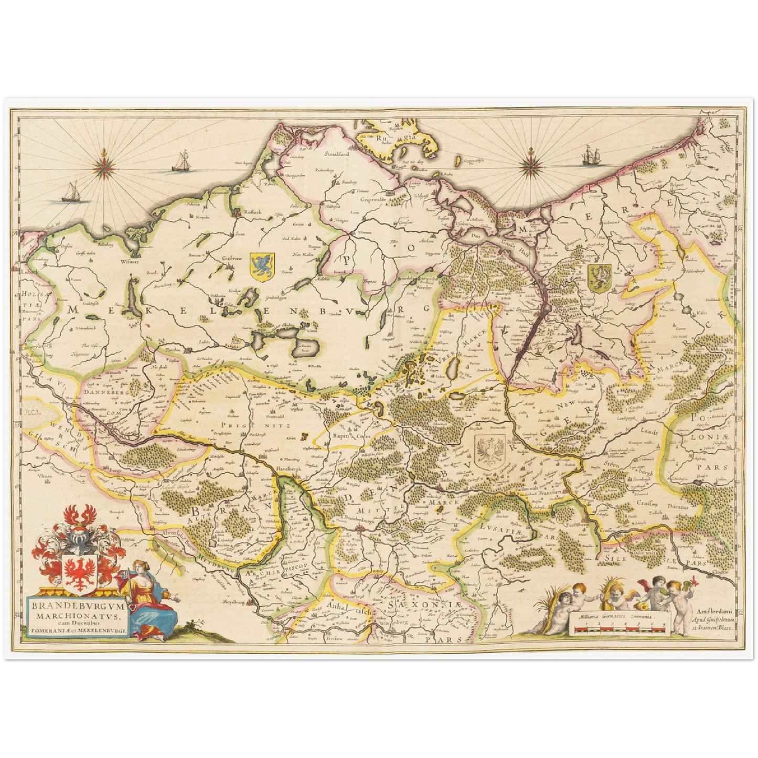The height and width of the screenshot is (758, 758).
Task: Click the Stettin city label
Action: click(524, 311)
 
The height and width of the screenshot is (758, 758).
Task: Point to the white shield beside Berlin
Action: click(490, 451)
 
